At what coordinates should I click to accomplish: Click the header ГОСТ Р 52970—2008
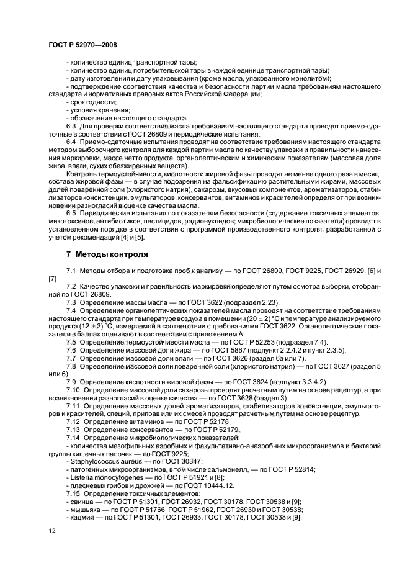(82, 45)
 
